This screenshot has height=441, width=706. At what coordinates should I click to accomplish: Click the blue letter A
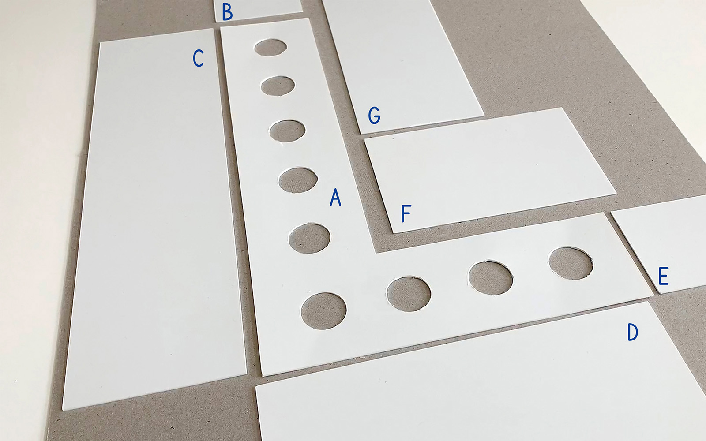tap(335, 197)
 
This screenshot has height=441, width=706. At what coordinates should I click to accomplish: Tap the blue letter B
tap(227, 12)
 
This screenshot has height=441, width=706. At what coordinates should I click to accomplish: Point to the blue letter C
tap(198, 58)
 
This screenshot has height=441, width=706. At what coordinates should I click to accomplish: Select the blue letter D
tap(633, 332)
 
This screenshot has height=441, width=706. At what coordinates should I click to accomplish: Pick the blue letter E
tap(664, 276)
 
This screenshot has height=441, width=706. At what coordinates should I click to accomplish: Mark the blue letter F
tap(406, 213)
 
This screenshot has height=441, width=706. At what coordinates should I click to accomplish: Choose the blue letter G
tap(375, 115)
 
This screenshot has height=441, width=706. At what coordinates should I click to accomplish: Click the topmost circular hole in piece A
tap(271, 48)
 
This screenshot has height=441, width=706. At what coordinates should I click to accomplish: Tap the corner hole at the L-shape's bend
tap(324, 311)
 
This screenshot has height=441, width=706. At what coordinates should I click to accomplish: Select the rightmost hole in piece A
tap(571, 263)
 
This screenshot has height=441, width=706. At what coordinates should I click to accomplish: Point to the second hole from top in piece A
tap(278, 86)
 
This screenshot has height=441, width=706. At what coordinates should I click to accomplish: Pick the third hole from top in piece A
tap(287, 131)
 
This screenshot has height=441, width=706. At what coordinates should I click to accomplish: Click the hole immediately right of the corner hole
tap(409, 294)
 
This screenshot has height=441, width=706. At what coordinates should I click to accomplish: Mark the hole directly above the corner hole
tap(309, 239)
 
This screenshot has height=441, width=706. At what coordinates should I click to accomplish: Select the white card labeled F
tap(490, 170)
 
